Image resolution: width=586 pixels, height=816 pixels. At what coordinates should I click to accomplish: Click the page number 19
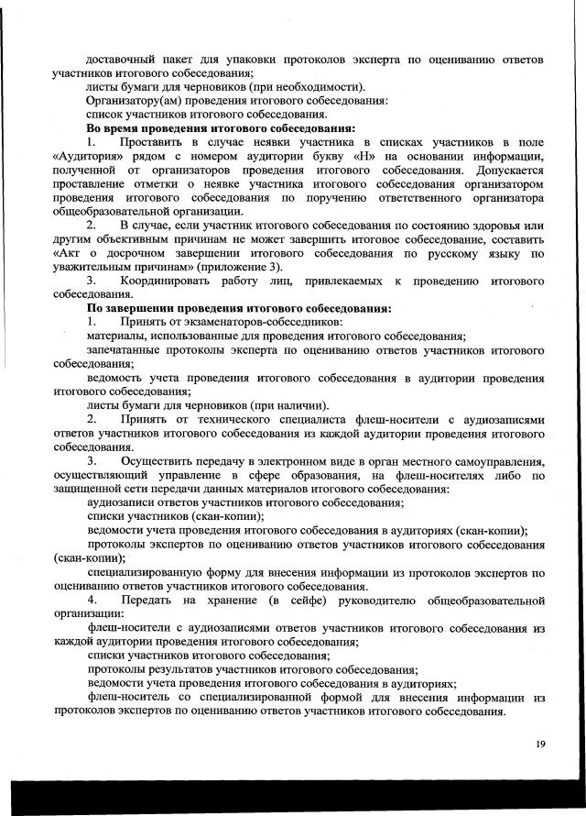click(540, 744)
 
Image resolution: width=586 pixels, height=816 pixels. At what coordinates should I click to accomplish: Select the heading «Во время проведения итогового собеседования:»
click(221, 128)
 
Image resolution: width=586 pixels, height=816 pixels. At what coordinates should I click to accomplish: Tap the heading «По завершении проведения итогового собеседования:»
click(239, 308)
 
